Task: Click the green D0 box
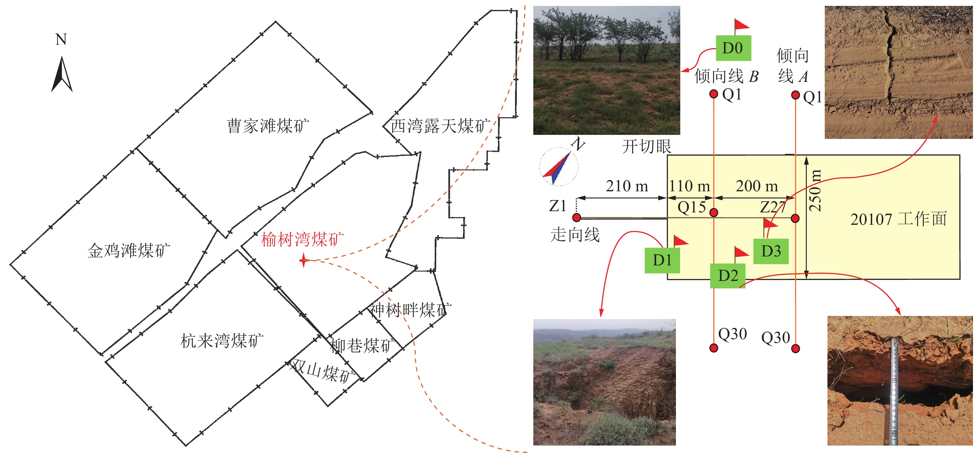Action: (x=733, y=48)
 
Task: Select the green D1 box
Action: (x=662, y=260)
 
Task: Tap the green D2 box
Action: (x=727, y=275)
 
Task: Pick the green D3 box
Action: (x=771, y=251)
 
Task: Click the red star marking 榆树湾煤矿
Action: (x=304, y=261)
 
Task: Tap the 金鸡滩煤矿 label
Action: (x=129, y=251)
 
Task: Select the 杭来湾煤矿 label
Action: (x=222, y=341)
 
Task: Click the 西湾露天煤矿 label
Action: (x=440, y=126)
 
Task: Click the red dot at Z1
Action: (x=576, y=217)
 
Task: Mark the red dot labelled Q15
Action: (x=713, y=212)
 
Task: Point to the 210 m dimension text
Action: (x=627, y=186)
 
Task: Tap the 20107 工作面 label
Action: (x=898, y=219)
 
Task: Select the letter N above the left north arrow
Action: (x=61, y=39)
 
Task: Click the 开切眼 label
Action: (x=646, y=146)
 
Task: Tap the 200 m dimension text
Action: (x=757, y=186)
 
